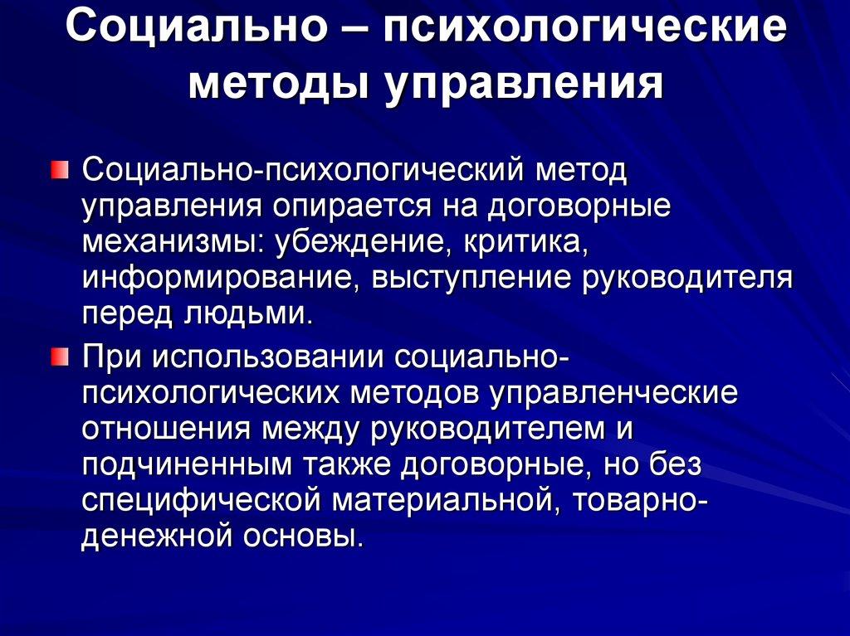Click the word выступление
tap(461, 279)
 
